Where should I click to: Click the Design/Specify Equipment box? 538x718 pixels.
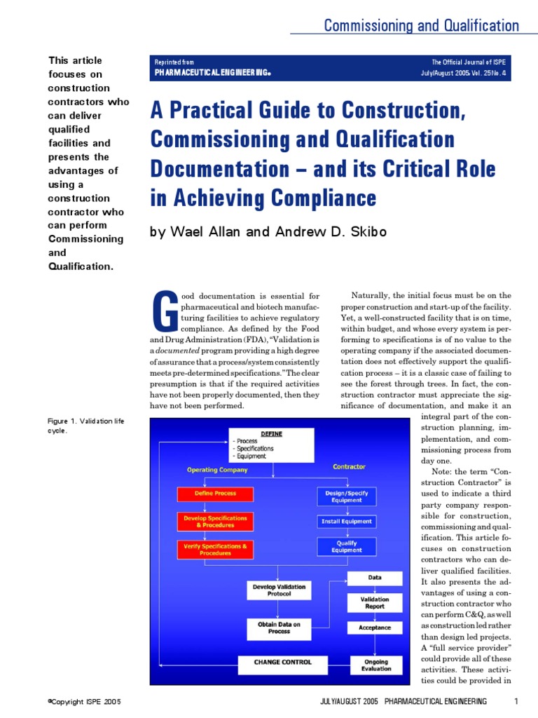point(347,496)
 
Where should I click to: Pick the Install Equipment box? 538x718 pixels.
point(347,522)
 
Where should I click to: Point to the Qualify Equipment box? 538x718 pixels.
point(347,546)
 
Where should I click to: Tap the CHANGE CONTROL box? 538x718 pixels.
point(283,661)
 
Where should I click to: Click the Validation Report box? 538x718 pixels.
point(375,603)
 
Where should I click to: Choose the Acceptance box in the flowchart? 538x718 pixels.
point(375,628)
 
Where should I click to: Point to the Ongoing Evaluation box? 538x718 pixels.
point(376,665)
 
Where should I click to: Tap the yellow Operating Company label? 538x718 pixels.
point(216,470)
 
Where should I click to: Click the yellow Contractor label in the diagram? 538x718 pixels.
point(349,466)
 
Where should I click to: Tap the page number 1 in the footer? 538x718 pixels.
point(516,701)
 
